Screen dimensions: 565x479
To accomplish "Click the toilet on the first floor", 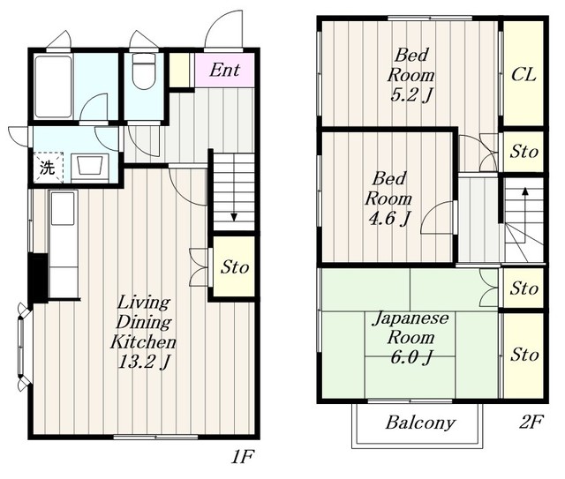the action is (x=143, y=71).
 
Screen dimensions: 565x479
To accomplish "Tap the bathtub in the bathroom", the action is (x=53, y=86).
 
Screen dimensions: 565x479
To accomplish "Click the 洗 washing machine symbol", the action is (x=47, y=168).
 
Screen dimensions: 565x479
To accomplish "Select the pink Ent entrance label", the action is (x=224, y=71).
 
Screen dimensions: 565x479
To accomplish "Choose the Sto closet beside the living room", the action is (x=234, y=267).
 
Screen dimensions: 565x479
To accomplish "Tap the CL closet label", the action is (x=524, y=75).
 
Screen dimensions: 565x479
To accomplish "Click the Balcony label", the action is (x=420, y=423).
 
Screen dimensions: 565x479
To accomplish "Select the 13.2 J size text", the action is (x=143, y=362).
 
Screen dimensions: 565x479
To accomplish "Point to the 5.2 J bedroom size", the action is (x=411, y=94).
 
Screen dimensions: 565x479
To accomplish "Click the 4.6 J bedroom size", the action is (x=388, y=218).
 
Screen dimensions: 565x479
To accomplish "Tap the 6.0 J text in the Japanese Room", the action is (x=411, y=357).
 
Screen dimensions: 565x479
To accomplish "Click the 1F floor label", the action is (x=243, y=457).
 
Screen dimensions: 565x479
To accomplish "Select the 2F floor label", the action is (x=531, y=422).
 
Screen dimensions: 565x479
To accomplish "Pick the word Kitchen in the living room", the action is (x=143, y=341).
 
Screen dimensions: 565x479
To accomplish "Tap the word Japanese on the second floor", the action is (x=411, y=318).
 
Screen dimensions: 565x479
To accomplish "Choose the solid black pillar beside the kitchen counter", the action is (x=38, y=278).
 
